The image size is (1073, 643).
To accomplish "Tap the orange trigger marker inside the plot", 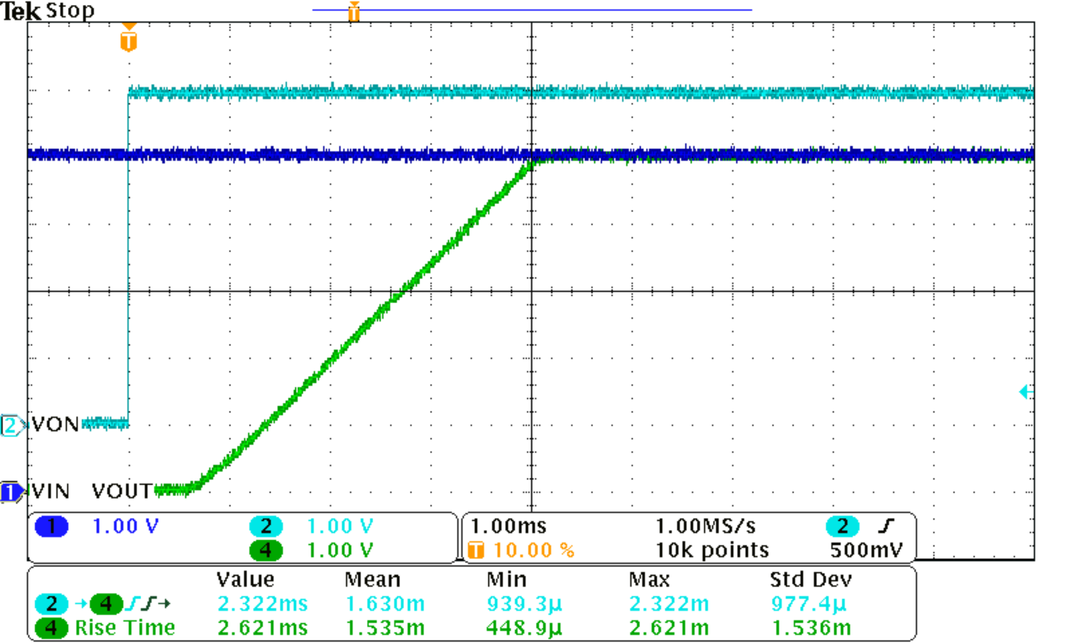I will [128, 40].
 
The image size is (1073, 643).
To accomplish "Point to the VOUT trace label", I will [121, 491].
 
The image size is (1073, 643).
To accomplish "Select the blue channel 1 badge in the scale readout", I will [51, 526].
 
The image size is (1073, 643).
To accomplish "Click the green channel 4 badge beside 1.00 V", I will [266, 550].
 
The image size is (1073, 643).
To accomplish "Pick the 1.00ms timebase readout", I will [508, 526].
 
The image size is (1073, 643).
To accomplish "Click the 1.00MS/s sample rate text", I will [705, 526].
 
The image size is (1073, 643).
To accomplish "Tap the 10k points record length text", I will [712, 550].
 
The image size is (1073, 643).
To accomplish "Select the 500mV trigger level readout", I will [866, 550].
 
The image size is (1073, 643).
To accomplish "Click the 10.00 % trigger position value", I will [534, 550].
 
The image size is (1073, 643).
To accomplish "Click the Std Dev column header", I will [810, 580].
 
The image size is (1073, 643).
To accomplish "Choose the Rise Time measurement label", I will [125, 628].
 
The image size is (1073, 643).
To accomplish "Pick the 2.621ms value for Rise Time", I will [262, 628].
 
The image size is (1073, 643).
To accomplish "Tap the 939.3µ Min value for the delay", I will [524, 603].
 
